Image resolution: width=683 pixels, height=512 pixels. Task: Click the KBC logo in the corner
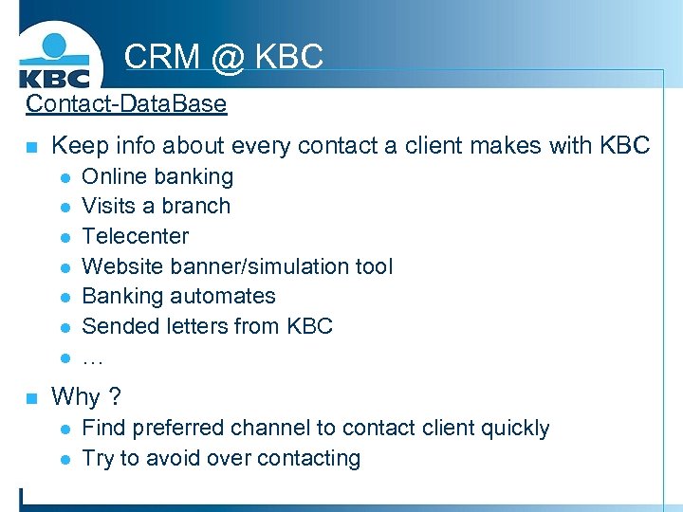55,60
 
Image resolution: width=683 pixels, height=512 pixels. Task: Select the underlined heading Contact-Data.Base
126,103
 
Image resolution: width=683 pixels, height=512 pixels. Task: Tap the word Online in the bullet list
115,176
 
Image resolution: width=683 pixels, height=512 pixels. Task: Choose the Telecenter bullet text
135,236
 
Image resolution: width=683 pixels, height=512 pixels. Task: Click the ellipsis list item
93,357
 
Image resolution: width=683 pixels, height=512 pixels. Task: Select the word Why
76,396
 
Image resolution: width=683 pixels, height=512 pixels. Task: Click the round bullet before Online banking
64,177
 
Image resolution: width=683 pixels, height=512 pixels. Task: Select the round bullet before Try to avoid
64,459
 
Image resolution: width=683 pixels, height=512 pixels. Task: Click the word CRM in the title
162,56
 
